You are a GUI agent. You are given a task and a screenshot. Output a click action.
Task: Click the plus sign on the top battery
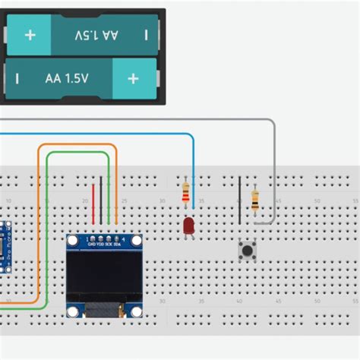tap(30, 35)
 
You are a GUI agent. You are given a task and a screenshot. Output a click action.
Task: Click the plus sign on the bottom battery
tap(133, 78)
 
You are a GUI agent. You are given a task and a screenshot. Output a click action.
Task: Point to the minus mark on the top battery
tap(146, 35)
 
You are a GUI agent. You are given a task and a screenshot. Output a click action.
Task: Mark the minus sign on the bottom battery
tap(17, 78)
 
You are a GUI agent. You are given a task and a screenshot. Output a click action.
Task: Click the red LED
tap(188, 226)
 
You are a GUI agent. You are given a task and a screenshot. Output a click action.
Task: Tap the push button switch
tap(246, 251)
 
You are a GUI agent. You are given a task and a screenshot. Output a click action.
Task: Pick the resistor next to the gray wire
tap(254, 200)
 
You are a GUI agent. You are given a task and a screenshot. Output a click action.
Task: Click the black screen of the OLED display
tap(104, 276)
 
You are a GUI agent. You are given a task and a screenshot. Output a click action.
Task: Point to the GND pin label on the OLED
tap(92, 244)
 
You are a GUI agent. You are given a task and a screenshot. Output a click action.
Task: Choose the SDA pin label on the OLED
tap(117, 244)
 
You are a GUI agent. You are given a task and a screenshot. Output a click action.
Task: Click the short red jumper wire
tap(94, 204)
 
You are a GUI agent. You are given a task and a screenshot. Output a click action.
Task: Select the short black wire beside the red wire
tap(102, 200)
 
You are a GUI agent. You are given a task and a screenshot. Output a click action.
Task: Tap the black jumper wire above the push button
tap(240, 199)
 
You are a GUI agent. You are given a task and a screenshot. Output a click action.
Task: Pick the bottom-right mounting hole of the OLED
tap(135, 311)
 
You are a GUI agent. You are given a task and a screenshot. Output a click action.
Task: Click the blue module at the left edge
tap(4, 247)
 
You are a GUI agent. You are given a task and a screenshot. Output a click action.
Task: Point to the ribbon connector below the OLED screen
tap(104, 310)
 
